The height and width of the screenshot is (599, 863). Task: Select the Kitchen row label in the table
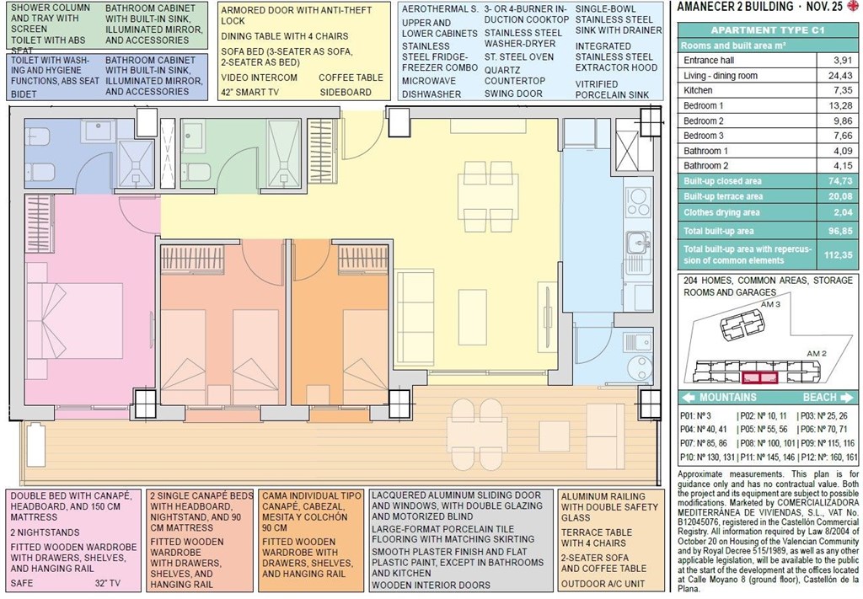[698, 90]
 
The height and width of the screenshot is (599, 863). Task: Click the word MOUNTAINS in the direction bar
[727, 398]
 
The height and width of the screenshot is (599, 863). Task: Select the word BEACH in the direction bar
[819, 398]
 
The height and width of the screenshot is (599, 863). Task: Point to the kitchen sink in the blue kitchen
[637, 243]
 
